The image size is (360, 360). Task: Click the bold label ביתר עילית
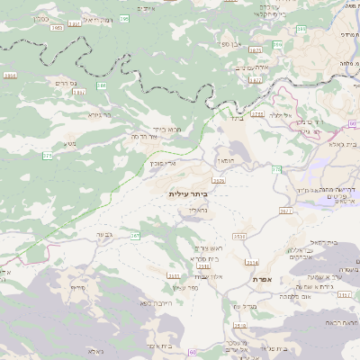pos(187,193)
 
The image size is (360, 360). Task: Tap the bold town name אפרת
pos(263,280)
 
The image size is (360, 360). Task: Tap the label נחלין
pos(199,210)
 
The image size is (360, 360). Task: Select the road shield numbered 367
pos(135,236)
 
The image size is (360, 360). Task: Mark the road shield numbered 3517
pos(203,265)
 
